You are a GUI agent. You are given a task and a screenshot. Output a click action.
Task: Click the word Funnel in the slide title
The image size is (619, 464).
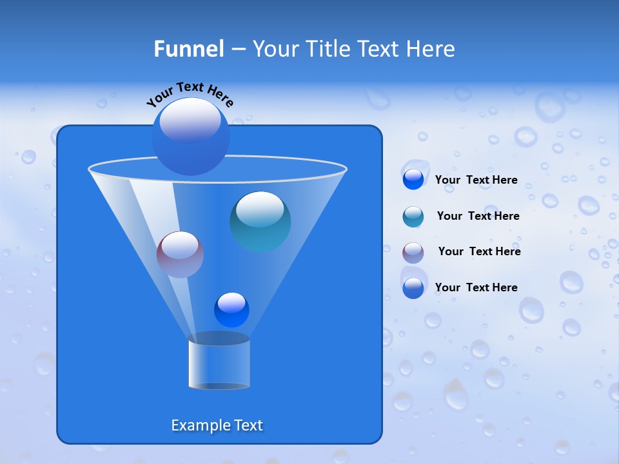(188, 49)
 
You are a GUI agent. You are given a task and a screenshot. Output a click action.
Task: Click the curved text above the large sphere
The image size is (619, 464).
(190, 93)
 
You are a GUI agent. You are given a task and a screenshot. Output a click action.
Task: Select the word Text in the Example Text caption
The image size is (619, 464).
(248, 425)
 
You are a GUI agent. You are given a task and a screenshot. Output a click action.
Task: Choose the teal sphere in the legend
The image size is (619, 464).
(413, 217)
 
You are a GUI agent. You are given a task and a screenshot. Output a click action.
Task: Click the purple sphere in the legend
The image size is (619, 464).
(413, 252)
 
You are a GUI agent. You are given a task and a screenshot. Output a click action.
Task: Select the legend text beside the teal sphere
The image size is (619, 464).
(478, 216)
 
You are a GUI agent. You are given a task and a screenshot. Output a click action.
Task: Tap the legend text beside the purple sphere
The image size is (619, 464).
(479, 251)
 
